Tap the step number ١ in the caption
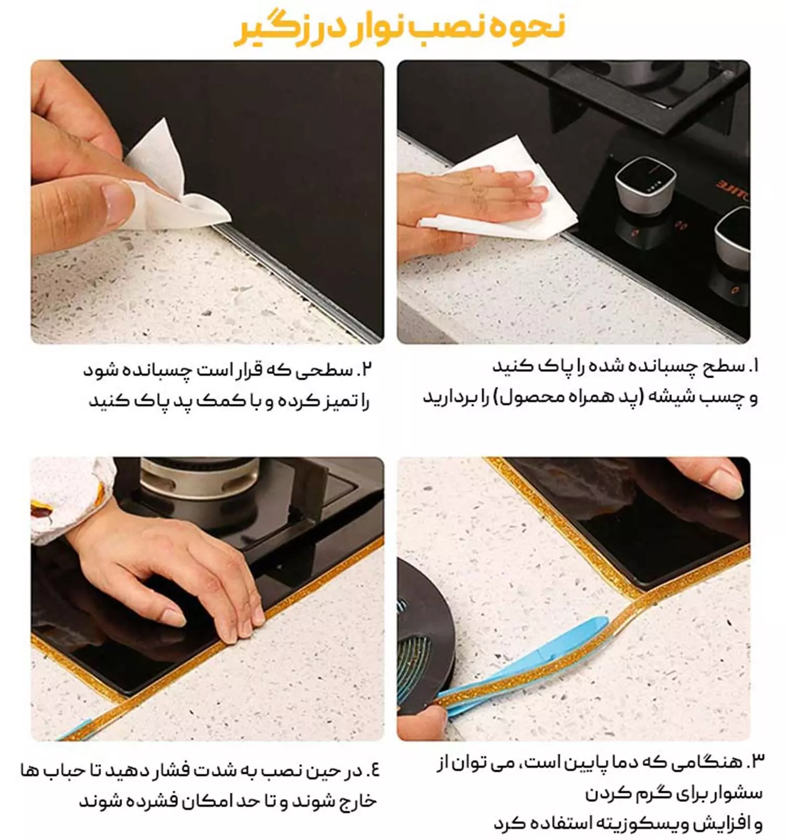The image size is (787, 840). [x=753, y=366]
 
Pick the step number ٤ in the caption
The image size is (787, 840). [x=373, y=770]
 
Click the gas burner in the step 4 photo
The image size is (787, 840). [x=199, y=478]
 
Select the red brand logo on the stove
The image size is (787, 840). [x=733, y=190]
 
